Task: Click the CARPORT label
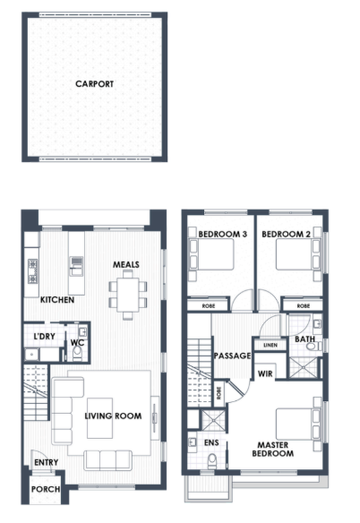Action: click(94, 84)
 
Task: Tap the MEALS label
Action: click(125, 264)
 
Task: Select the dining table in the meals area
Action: click(128, 295)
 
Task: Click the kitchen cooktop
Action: click(33, 271)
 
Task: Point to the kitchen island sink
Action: click(76, 265)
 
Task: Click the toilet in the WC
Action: click(77, 354)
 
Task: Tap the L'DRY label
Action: click(45, 336)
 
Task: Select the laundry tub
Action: click(31, 354)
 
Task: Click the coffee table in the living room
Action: click(99, 418)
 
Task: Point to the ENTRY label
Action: click(46, 462)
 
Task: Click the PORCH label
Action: click(46, 489)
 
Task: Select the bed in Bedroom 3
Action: click(211, 253)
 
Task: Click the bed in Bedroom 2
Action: click(298, 253)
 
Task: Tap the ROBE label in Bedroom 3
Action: click(209, 306)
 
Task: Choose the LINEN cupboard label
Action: click(270, 345)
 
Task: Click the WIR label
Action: click(265, 374)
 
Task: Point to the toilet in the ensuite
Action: click(212, 460)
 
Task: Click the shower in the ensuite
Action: click(213, 420)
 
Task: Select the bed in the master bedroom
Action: click(298, 424)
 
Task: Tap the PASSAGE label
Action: click(232, 356)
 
